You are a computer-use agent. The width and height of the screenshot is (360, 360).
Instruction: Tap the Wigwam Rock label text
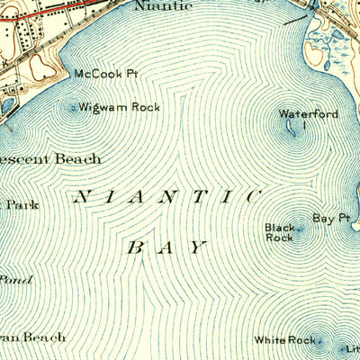tap(119, 107)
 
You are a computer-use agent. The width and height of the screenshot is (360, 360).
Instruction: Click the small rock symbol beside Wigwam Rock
tap(73, 108)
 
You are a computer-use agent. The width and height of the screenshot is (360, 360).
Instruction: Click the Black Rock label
tap(278, 232)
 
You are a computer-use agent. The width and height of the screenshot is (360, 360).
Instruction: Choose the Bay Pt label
tap(330, 218)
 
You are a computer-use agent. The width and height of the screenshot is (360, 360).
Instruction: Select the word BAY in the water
tap(166, 246)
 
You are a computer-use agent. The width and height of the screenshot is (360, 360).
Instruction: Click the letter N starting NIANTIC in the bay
tap(83, 194)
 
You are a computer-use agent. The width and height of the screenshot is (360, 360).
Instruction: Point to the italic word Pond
tap(15, 280)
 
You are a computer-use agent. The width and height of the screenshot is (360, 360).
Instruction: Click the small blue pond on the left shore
tap(7, 105)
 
